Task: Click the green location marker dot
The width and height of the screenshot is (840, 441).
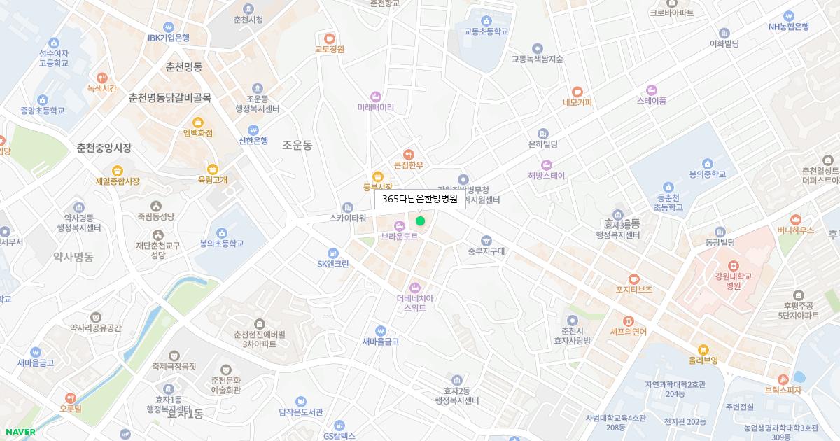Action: tap(420, 221)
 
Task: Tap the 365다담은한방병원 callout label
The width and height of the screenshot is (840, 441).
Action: tap(420, 199)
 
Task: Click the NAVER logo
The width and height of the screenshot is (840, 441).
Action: tap(20, 432)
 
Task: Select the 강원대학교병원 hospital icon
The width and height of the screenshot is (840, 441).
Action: tap(733, 266)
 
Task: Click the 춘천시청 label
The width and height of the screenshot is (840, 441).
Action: tap(248, 20)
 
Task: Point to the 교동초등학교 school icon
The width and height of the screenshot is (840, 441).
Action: tap(486, 20)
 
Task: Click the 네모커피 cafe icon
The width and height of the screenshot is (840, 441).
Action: tap(577, 91)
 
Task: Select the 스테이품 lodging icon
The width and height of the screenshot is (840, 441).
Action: tap(651, 90)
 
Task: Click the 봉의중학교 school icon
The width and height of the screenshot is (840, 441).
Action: tap(706, 162)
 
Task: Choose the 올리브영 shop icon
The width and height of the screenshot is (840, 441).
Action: tap(703, 349)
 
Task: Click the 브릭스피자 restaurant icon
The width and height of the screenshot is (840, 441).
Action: tap(783, 379)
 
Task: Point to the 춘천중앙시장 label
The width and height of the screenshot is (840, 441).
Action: tap(104, 148)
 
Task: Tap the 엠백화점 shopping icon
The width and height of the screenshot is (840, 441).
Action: tap(197, 122)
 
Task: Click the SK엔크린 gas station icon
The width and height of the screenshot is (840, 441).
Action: tap(332, 253)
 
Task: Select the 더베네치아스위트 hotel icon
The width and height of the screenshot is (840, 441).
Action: tap(414, 288)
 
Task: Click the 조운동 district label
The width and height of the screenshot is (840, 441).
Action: tap(297, 145)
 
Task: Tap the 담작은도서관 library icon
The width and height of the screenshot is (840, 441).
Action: tap(300, 402)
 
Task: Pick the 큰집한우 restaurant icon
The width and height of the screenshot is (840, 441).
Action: tap(408, 155)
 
